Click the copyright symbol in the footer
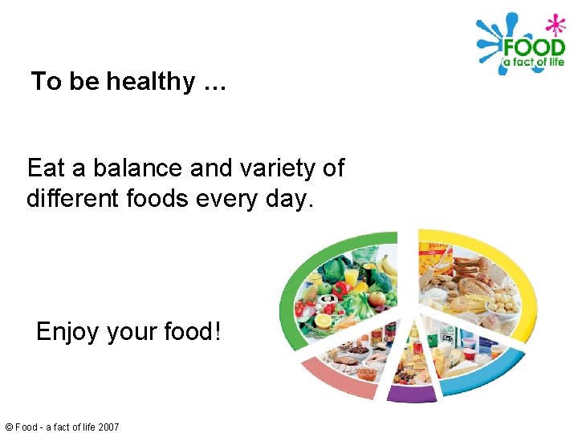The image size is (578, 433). [8, 427]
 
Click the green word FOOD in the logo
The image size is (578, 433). [533, 47]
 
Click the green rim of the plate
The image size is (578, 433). [289, 289]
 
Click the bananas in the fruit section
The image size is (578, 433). [389, 265]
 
